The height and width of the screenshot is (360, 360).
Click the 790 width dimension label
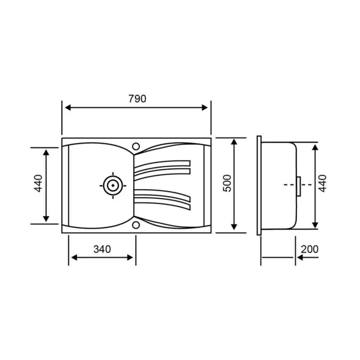click(137, 99)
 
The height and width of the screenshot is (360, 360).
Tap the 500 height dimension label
click(227, 183)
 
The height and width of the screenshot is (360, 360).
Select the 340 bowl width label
click(102, 249)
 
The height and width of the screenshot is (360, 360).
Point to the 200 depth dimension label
click(310, 249)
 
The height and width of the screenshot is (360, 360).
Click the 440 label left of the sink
click(38, 183)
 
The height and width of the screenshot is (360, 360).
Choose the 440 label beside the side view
click(322, 183)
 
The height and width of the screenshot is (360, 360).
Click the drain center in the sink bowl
click(113, 185)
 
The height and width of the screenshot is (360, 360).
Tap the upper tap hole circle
click(136, 146)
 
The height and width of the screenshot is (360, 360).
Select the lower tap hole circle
click(136, 225)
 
